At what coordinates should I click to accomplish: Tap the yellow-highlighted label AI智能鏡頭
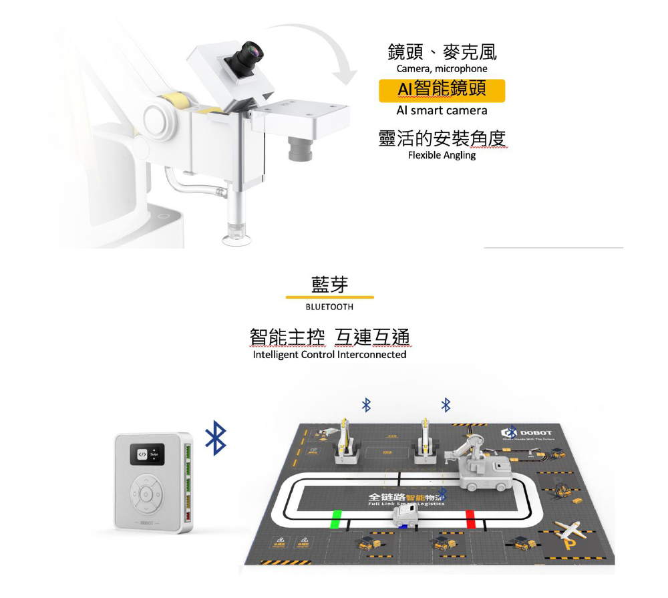point(442,90)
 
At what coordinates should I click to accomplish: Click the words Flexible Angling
point(442,156)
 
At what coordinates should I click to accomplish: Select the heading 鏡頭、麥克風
point(442,51)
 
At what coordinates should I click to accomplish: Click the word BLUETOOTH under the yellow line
point(329,307)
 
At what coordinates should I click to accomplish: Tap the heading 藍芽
point(329,283)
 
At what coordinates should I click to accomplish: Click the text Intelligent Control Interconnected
point(329,355)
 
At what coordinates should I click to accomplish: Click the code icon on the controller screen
point(142,454)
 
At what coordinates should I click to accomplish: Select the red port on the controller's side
point(186,514)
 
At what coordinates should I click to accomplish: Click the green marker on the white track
point(336,518)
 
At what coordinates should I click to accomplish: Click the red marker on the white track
point(470,518)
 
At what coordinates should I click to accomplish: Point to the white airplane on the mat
point(568,529)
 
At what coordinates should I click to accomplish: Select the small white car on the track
point(405,516)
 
